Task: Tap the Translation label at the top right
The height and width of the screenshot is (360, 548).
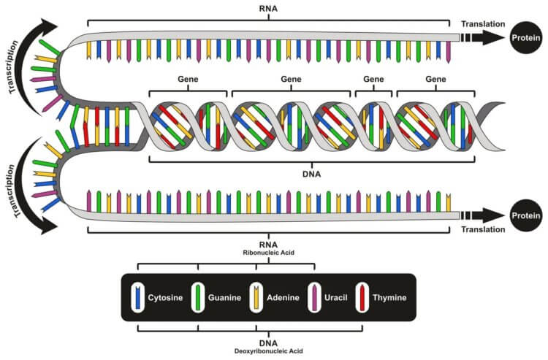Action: click(483, 24)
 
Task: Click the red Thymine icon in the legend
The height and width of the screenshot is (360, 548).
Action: click(362, 298)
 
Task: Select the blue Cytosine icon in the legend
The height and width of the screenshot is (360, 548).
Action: click(137, 298)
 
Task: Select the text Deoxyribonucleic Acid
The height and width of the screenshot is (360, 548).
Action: click(269, 349)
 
